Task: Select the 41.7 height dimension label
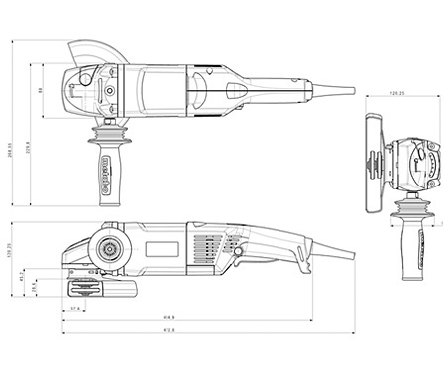coord(22,278)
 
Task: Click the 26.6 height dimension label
coord(33,285)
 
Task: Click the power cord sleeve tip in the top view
coord(351,91)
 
